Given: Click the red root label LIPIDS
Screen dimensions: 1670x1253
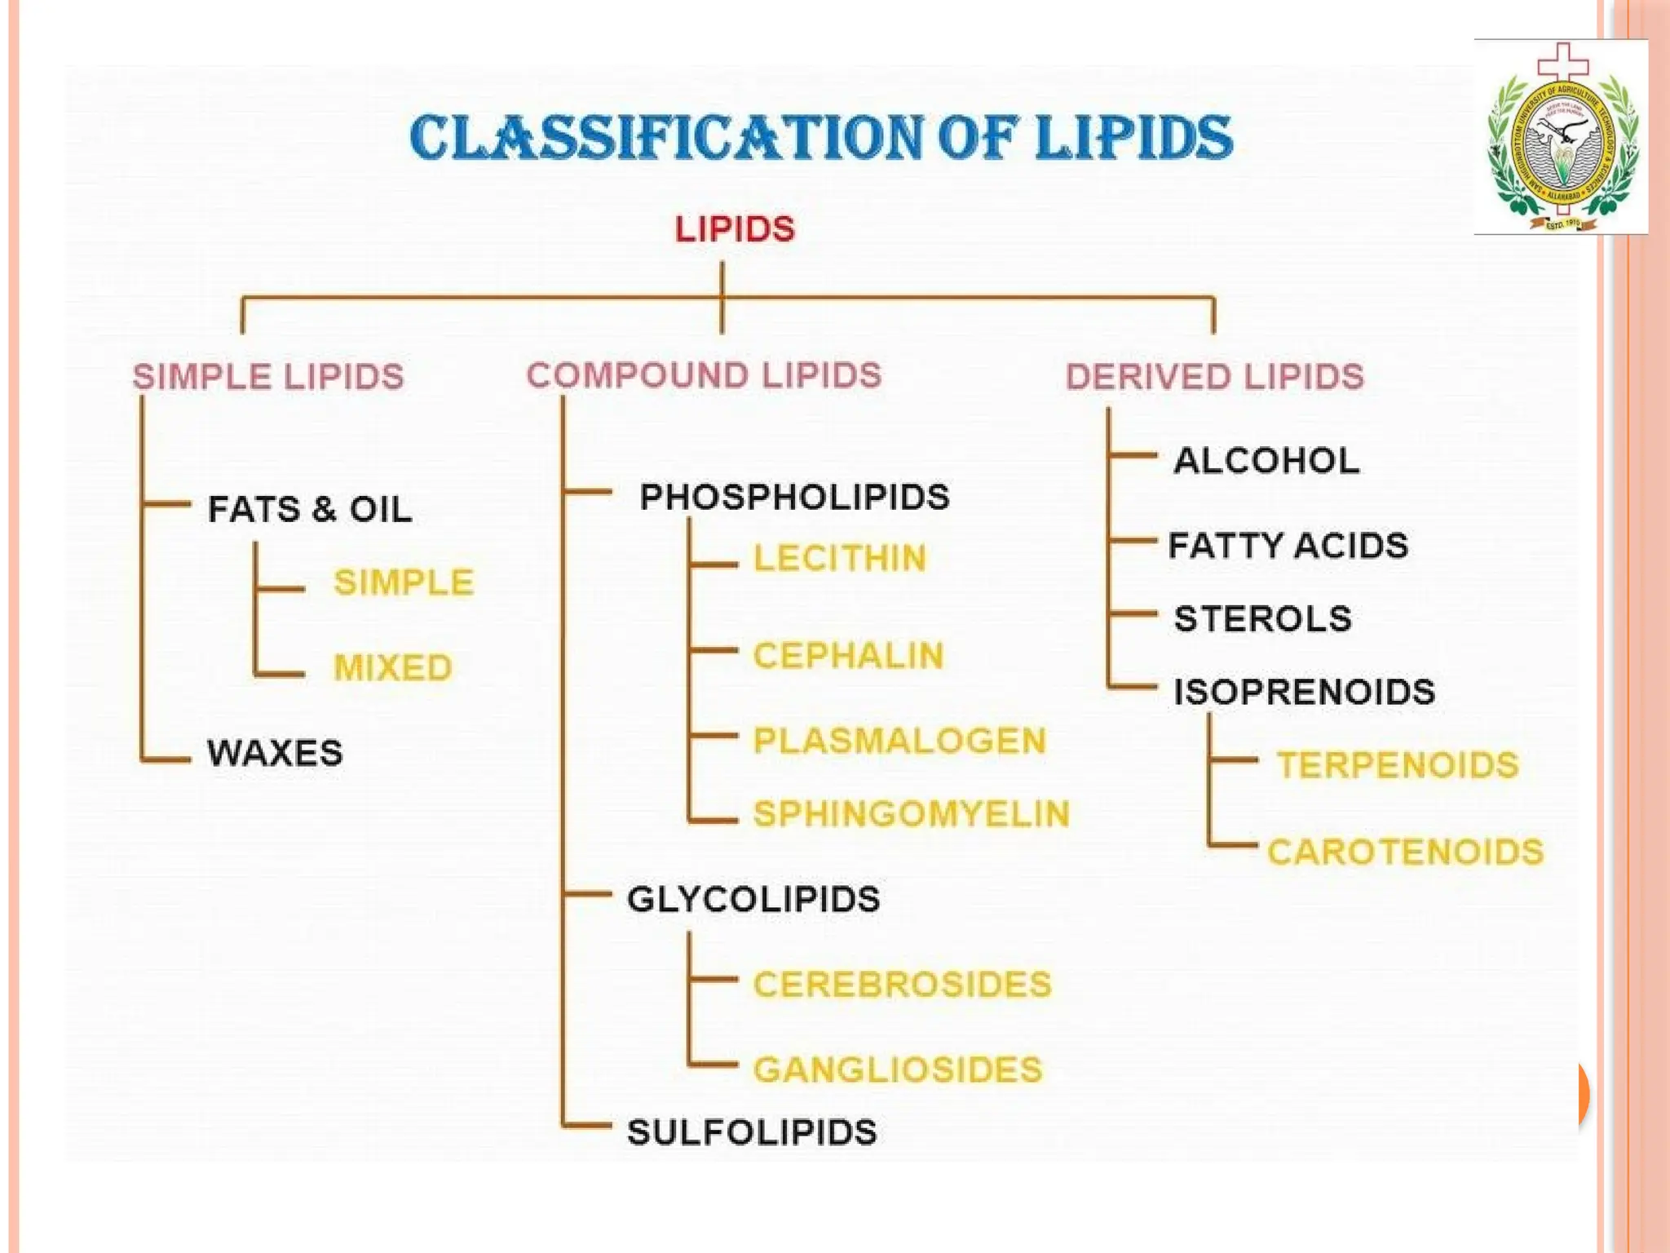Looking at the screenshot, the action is click(x=735, y=229).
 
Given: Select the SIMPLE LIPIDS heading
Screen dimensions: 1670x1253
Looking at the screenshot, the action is click(x=268, y=377).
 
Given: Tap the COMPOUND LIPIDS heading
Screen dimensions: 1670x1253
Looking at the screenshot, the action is click(x=704, y=375).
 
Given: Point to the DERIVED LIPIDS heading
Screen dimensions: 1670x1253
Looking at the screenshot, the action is click(x=1215, y=377).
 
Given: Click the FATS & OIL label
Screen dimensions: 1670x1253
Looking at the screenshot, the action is click(x=310, y=509).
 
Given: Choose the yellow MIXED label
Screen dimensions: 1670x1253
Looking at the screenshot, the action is click(x=393, y=667).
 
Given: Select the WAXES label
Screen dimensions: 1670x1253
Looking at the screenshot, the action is click(x=275, y=752).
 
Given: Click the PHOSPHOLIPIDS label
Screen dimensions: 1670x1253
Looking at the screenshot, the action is click(x=794, y=497).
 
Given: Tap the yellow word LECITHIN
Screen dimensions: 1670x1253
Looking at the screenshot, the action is click(x=840, y=559).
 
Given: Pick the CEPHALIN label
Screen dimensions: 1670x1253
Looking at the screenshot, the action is click(x=848, y=656).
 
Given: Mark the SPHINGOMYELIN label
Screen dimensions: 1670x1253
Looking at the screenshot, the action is click(x=911, y=814).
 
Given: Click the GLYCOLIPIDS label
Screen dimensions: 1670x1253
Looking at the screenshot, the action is click(x=753, y=899).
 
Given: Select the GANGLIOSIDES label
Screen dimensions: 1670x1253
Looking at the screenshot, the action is click(x=898, y=1069).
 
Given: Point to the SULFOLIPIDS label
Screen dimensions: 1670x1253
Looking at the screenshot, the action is click(x=752, y=1132).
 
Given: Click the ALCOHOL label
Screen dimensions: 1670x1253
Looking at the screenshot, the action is click(x=1266, y=461).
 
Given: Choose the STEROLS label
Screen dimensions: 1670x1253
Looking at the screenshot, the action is click(x=1262, y=618).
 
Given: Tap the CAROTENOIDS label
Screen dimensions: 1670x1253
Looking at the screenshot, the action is click(x=1405, y=852).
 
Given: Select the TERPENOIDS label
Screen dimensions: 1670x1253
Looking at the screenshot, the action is click(x=1398, y=765).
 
